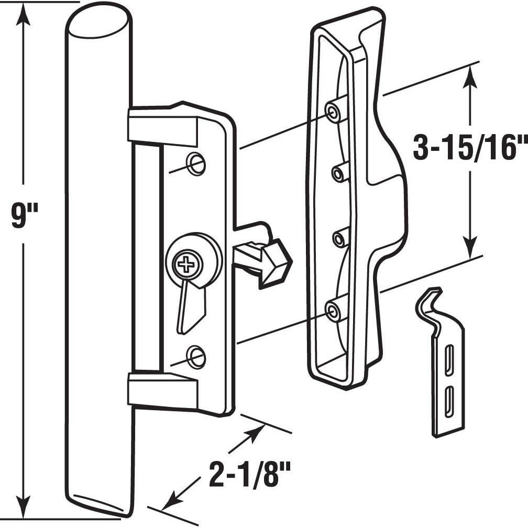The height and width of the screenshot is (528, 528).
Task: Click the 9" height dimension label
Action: tap(25, 216)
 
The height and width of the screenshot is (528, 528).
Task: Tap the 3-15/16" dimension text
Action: tap(469, 149)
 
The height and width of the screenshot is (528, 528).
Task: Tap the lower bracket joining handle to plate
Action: tap(162, 391)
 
